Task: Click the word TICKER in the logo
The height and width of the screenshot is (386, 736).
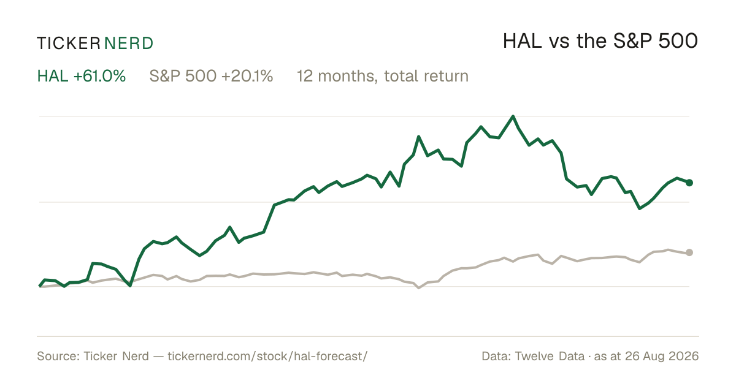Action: click(69, 44)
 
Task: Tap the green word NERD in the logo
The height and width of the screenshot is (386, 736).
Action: click(128, 44)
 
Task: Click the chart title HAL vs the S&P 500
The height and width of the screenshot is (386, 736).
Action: click(600, 41)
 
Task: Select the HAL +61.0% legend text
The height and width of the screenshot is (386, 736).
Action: click(82, 76)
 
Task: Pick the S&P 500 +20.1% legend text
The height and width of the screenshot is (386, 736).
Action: click(211, 76)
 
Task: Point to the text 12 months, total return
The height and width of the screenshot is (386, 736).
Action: click(383, 77)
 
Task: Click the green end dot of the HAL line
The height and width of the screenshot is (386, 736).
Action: click(689, 183)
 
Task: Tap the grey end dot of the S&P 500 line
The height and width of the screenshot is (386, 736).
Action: click(689, 252)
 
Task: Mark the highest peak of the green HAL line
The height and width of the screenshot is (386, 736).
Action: click(513, 116)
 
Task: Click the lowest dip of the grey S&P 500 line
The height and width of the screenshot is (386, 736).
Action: click(418, 288)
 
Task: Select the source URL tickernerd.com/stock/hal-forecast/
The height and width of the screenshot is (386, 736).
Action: click(267, 356)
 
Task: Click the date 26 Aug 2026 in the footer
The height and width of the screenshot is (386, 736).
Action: click(662, 356)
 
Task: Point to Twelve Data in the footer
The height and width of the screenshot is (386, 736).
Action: click(550, 356)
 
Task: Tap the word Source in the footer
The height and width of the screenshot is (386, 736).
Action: click(56, 356)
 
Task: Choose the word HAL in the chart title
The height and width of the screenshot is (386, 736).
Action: click(523, 41)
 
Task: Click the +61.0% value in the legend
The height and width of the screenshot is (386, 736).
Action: click(99, 76)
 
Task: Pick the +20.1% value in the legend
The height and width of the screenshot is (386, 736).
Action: click(247, 76)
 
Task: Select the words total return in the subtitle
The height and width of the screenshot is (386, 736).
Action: click(426, 76)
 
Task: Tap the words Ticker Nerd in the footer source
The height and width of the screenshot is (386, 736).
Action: click(117, 356)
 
